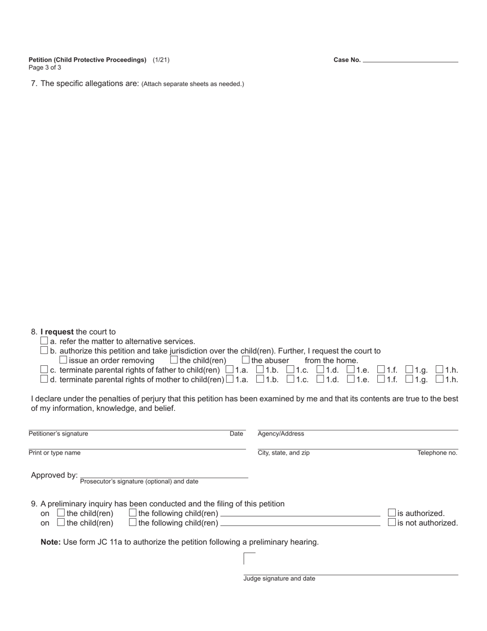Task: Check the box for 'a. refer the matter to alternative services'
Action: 44,341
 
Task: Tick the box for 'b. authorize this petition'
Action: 44,351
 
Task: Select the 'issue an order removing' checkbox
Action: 64,360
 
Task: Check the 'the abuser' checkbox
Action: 246,360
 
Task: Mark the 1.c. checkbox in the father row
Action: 291,369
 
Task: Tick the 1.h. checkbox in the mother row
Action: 440,379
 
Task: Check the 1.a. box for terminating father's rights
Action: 230,369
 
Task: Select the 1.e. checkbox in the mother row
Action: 351,379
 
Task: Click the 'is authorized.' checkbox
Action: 392,512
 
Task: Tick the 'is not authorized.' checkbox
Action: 392,522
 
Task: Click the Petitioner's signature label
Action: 58,434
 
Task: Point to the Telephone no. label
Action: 437,453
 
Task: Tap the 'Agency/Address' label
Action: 281,434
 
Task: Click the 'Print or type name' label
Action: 54,453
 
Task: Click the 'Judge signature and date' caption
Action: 279,579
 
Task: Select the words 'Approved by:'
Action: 54,475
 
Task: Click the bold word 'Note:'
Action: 51,542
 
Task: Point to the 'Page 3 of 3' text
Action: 45,68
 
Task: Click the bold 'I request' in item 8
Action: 57,332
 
